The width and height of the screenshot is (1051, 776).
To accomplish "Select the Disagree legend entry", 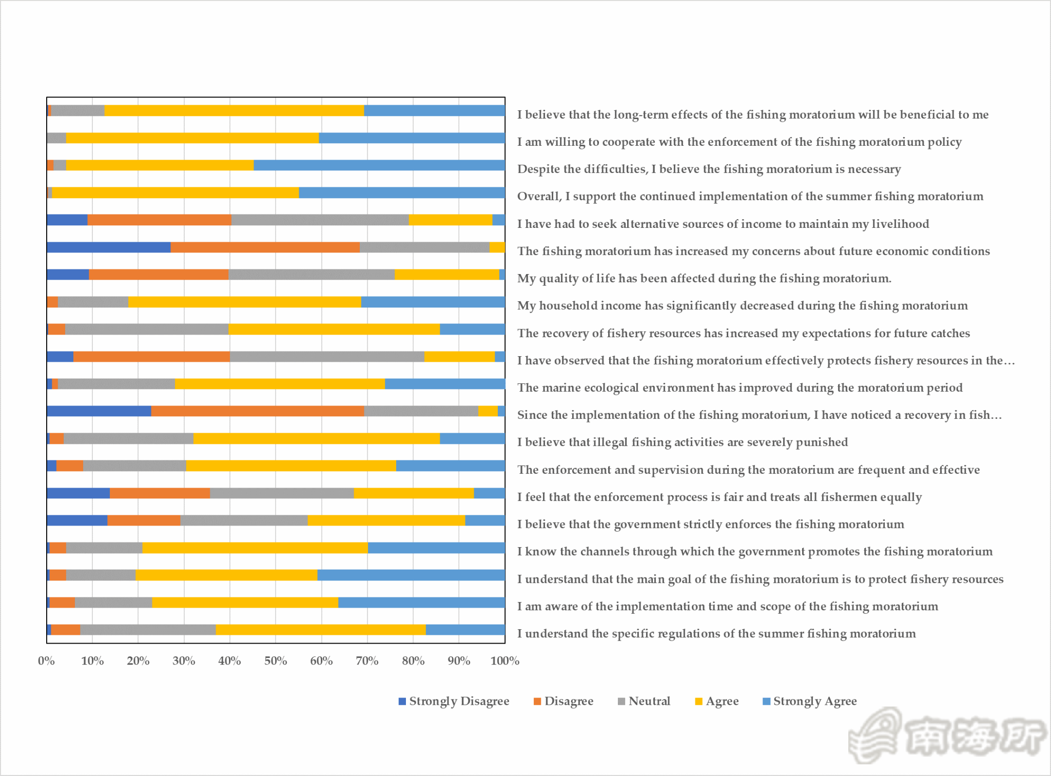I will pyautogui.click(x=563, y=701).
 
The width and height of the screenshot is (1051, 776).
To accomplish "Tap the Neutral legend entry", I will pyautogui.click(x=644, y=701).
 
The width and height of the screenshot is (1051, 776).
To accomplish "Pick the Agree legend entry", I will pyautogui.click(x=717, y=701).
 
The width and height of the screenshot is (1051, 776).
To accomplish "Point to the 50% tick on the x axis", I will pyautogui.click(x=275, y=661).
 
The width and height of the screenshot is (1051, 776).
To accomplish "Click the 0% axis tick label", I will pyautogui.click(x=46, y=661).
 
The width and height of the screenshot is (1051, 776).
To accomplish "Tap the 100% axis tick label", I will pyautogui.click(x=504, y=661).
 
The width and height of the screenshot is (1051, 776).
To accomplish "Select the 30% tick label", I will pyautogui.click(x=184, y=661).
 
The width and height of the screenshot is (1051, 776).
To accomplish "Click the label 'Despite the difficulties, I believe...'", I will pyautogui.click(x=709, y=169).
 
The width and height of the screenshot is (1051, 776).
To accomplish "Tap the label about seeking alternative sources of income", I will pyautogui.click(x=723, y=224).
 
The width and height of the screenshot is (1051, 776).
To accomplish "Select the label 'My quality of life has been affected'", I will pyautogui.click(x=704, y=278).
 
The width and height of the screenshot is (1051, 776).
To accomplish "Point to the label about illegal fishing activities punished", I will pyautogui.click(x=683, y=442).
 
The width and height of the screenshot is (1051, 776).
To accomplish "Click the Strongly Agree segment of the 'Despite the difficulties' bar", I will pyautogui.click(x=379, y=165).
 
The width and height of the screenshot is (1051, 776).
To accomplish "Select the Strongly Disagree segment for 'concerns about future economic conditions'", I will pyautogui.click(x=108, y=247).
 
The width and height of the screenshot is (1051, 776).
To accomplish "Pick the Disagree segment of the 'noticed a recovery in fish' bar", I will pyautogui.click(x=257, y=411).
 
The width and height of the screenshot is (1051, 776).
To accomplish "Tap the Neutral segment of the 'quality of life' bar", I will pyautogui.click(x=312, y=275).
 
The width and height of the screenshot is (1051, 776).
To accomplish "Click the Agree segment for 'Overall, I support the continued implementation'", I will pyautogui.click(x=175, y=192).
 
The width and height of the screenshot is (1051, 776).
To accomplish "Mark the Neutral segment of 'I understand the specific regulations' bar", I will pyautogui.click(x=148, y=630).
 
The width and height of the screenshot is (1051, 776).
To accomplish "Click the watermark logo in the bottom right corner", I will pyautogui.click(x=947, y=735).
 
